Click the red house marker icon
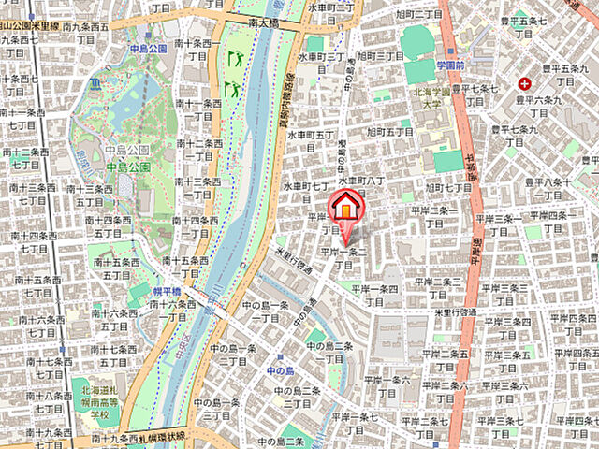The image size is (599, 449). click(x=345, y=206)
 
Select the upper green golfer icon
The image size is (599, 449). click(x=236, y=58)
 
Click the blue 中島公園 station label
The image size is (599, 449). click(x=148, y=48)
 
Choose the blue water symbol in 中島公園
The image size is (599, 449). click(x=95, y=84)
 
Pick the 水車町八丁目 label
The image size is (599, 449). click(x=363, y=181)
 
